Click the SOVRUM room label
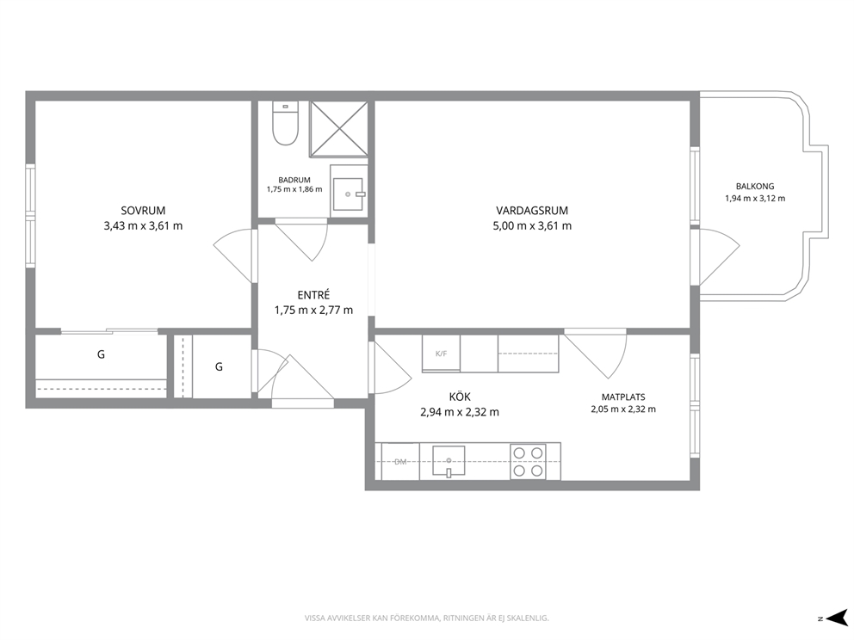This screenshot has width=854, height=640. (143, 211)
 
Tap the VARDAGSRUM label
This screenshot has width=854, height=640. (531, 211)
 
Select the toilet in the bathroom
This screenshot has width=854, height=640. (286, 124)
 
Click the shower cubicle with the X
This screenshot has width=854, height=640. (339, 129)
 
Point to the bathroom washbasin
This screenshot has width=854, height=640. (348, 194)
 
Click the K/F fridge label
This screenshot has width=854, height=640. (441, 354)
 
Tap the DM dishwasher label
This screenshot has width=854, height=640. (400, 462)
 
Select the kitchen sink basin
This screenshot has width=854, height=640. (449, 461)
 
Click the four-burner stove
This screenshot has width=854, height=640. (528, 461)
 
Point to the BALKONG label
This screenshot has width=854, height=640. (755, 186)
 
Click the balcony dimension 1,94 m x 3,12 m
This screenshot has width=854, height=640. (755, 199)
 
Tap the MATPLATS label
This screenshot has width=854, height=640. (623, 397)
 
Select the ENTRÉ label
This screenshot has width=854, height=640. (313, 295)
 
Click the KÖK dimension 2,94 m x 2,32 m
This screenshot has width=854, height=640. (460, 413)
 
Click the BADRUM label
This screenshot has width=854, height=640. (294, 180)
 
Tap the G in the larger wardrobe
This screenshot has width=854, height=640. (101, 354)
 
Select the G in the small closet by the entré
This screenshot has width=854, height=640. (219, 366)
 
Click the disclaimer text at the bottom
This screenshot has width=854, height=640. (426, 618)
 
